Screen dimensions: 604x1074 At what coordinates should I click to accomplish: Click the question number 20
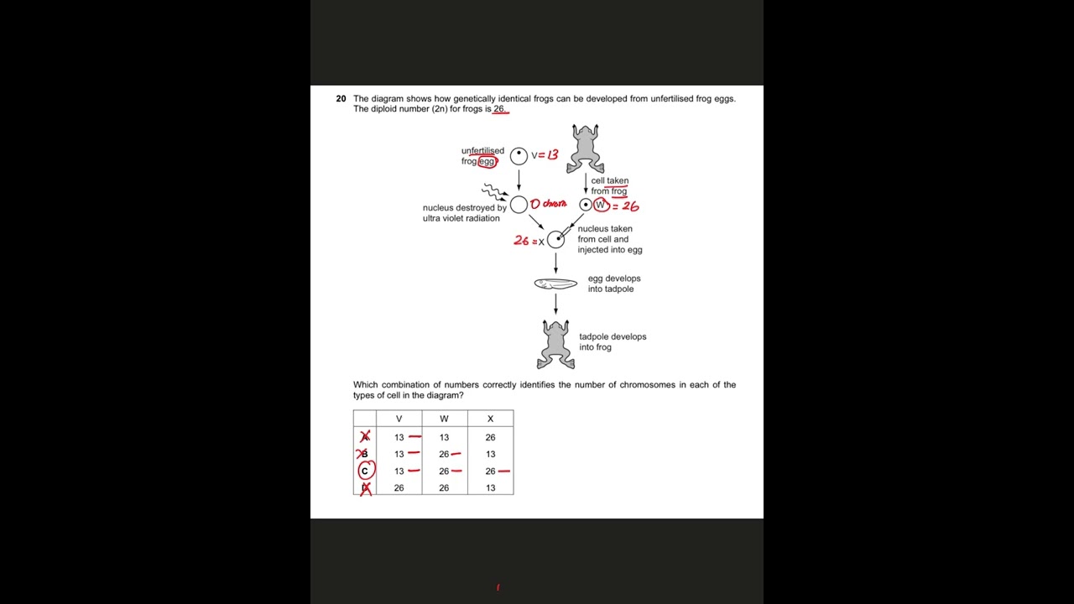[341, 99]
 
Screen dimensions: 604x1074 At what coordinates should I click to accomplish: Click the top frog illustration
[585, 148]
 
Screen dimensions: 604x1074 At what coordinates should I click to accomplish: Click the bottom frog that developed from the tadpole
[555, 344]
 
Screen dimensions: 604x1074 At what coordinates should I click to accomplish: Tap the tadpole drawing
[555, 284]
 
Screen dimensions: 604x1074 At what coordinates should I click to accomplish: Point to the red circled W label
[600, 205]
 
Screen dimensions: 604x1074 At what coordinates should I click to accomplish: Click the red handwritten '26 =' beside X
[524, 241]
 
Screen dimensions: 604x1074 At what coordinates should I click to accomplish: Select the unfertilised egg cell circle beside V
[519, 155]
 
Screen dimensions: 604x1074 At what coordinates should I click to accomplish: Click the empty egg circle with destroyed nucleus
[519, 205]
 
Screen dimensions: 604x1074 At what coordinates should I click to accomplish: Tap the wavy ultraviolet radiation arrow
[494, 192]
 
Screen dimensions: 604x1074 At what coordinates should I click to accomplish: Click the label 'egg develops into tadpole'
[614, 284]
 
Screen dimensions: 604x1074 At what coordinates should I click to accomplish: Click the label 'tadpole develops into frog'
[613, 341]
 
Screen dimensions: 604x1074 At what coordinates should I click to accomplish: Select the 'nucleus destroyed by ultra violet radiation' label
[464, 213]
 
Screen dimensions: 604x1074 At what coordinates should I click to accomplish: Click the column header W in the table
[444, 419]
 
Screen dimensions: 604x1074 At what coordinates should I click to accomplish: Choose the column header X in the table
[490, 419]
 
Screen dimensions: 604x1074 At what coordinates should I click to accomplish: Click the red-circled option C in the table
[365, 471]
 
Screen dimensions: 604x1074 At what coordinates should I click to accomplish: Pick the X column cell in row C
[490, 471]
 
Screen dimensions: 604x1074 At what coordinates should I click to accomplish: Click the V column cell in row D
[399, 487]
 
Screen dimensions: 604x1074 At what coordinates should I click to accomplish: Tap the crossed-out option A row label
[365, 437]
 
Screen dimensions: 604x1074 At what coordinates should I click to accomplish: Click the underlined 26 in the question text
[499, 109]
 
